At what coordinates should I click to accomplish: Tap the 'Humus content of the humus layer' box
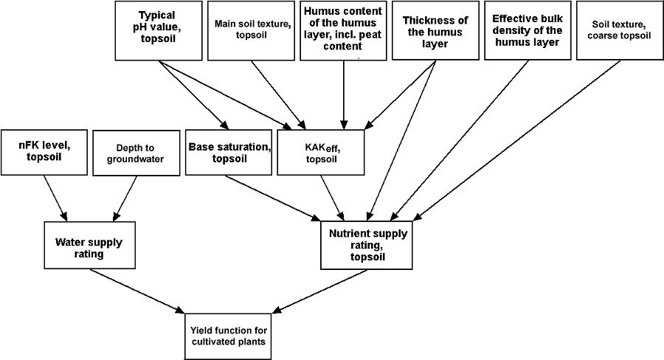pos(343,31)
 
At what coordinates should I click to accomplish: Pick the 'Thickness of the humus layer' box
pos(435,31)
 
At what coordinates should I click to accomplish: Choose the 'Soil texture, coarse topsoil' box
pos(619,31)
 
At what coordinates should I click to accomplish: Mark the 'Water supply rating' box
pos(89,246)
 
